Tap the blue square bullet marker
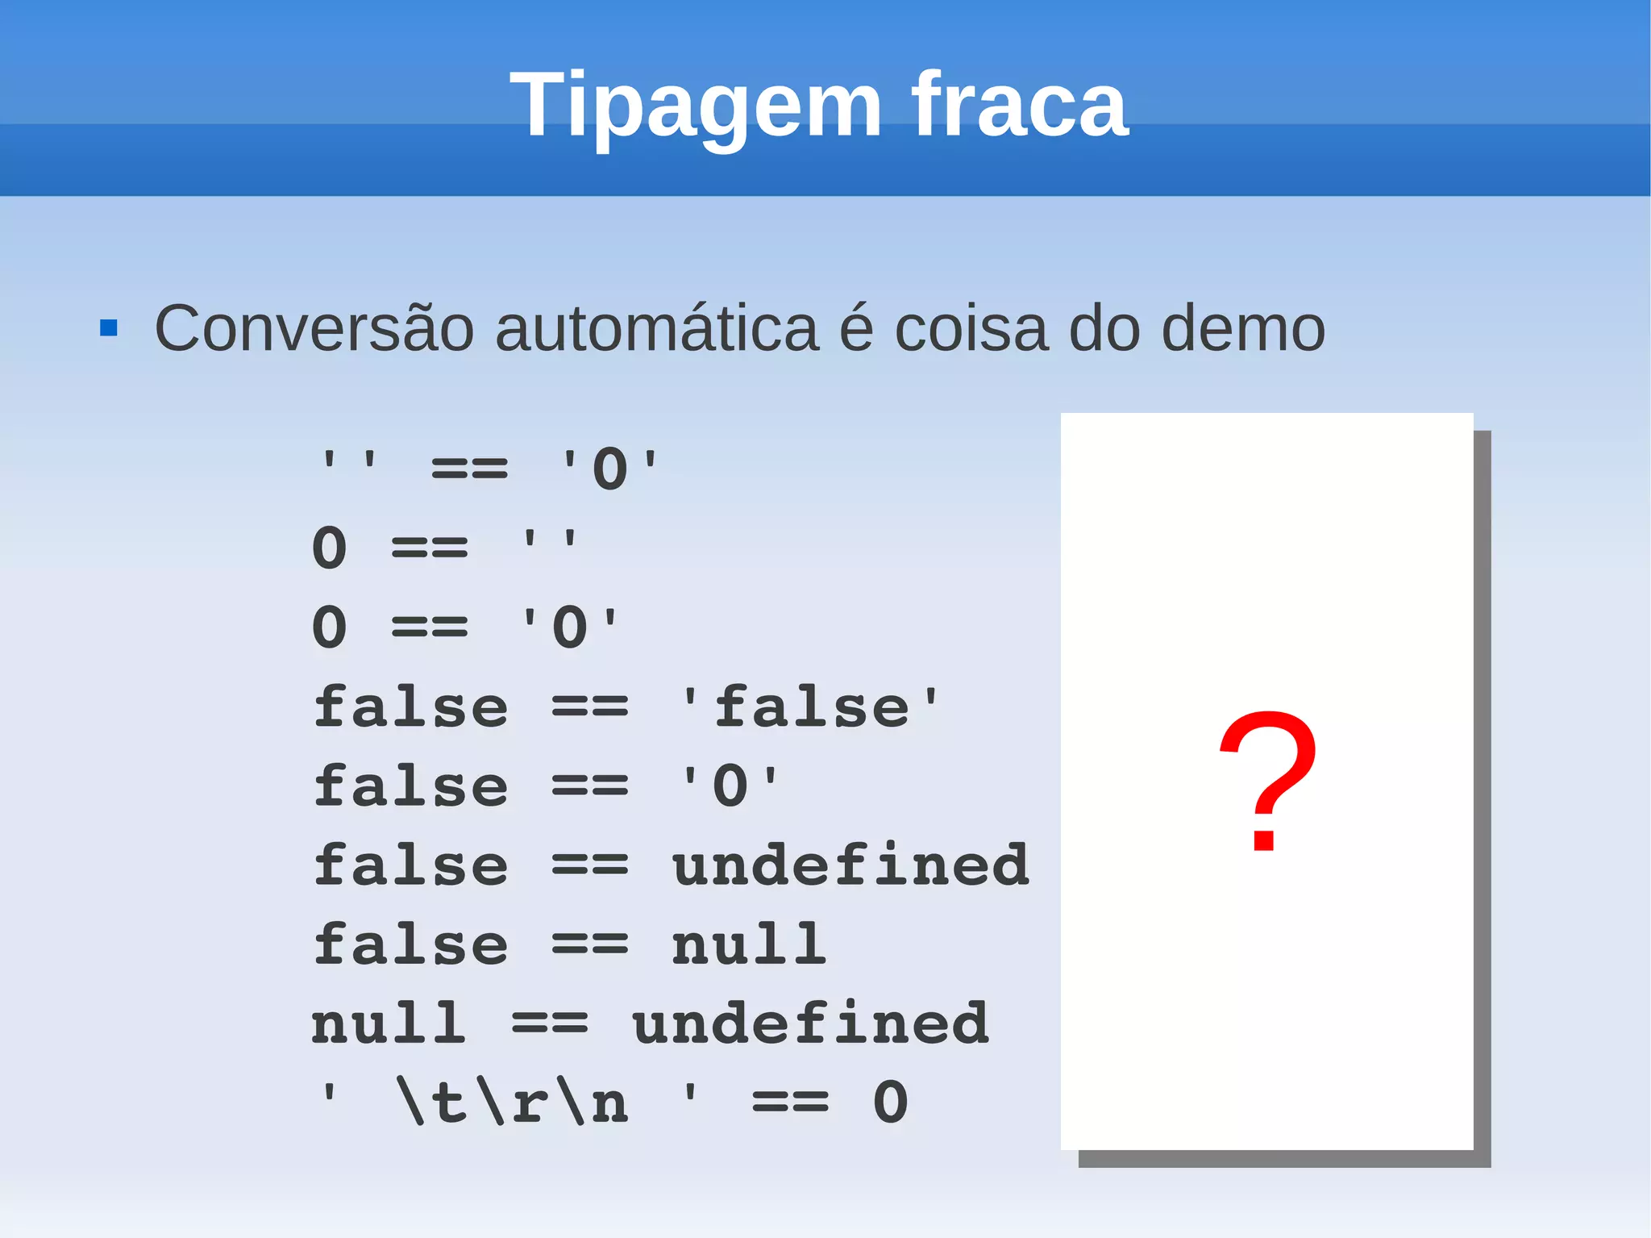click(x=109, y=328)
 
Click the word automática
click(x=656, y=328)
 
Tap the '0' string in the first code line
click(x=609, y=469)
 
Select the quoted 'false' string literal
click(x=810, y=707)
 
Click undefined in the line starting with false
click(x=850, y=865)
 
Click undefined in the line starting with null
click(x=810, y=1023)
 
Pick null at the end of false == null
click(x=749, y=944)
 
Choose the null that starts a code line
click(x=389, y=1023)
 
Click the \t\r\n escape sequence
click(x=513, y=1102)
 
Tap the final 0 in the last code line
click(x=890, y=1102)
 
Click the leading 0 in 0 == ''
click(x=329, y=548)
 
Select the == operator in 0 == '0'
click(x=429, y=627)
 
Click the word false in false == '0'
click(x=410, y=786)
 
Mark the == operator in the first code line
click(x=469, y=469)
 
